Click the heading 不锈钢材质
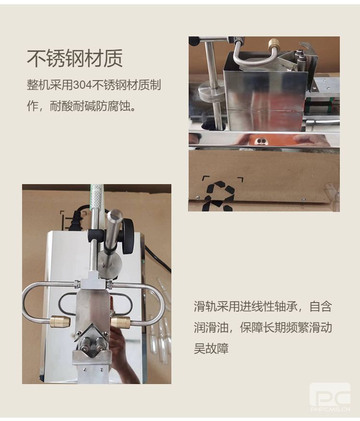75,58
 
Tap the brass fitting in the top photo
274,44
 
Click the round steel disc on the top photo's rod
211,91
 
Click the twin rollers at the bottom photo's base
91,346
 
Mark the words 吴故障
211,349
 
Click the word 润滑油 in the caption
211,327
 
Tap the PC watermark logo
330,396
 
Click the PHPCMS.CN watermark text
330,409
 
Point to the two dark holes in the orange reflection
260,141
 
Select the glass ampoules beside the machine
160,333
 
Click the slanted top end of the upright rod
115,214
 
